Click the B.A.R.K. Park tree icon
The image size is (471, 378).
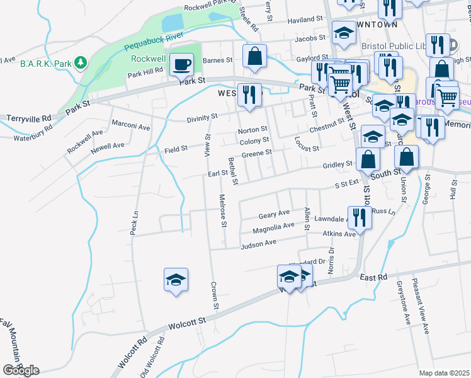[80, 62]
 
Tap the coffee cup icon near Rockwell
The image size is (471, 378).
[181, 64]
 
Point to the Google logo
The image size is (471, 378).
[21, 370]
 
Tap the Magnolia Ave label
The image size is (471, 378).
[273, 227]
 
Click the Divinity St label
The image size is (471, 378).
[202, 117]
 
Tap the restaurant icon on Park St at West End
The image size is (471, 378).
[250, 95]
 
